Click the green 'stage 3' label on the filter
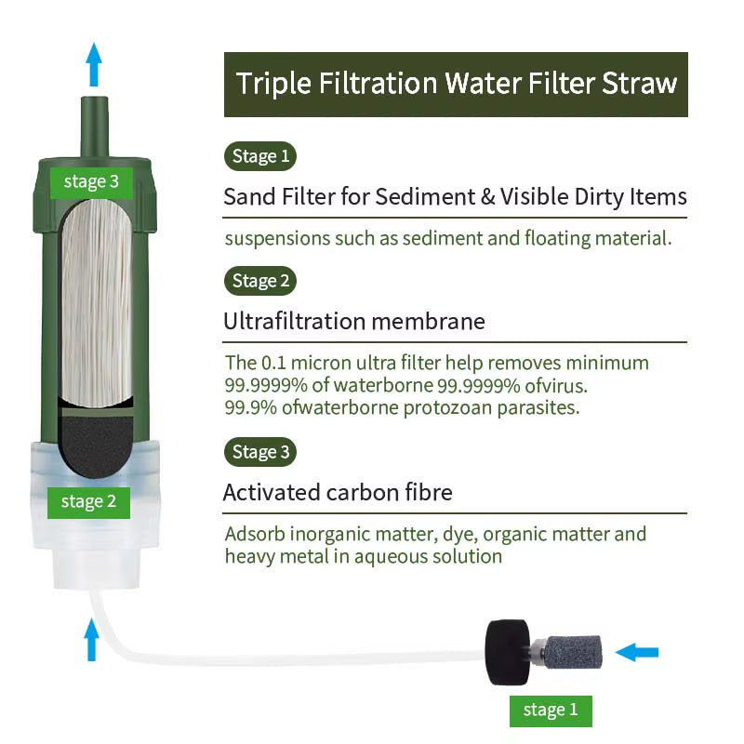tap(90, 181)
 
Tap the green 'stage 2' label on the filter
tap(88, 502)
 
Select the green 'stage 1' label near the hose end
tap(550, 711)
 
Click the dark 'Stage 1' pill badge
tap(260, 156)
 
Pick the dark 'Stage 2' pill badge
tap(260, 281)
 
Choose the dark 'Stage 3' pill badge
tap(260, 452)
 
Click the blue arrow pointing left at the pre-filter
tap(637, 652)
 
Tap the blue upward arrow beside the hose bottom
tap(91, 640)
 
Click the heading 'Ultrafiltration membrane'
tap(353, 322)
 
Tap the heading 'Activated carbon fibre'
tap(338, 492)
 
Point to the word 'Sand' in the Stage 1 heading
tap(246, 197)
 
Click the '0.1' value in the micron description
tap(272, 363)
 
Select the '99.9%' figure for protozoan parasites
tap(246, 407)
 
